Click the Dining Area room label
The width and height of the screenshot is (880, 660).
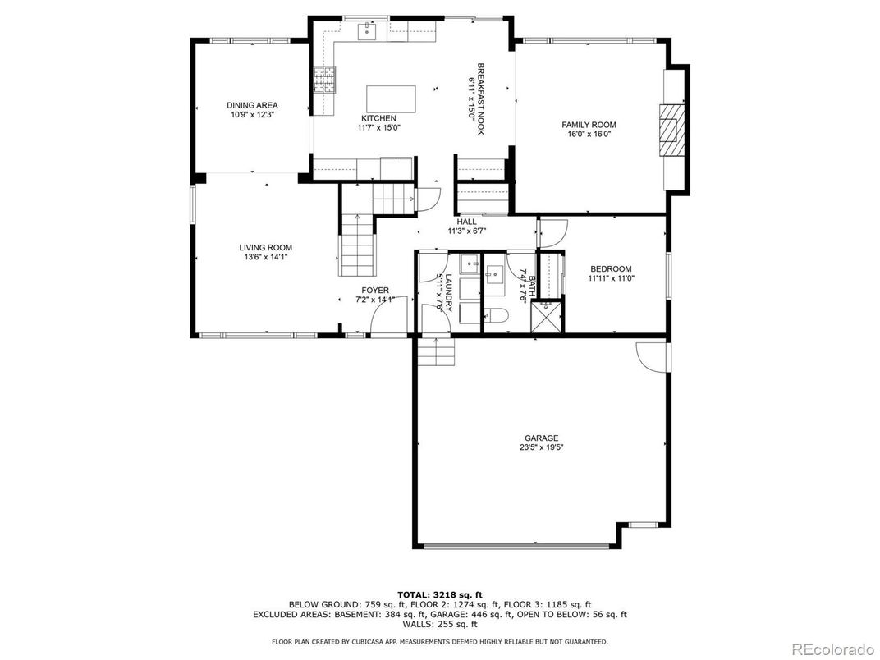click(x=252, y=105)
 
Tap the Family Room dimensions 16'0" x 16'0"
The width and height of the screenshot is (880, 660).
click(x=589, y=134)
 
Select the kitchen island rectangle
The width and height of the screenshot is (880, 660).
click(x=392, y=99)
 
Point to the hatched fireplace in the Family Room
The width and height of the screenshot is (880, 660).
click(x=671, y=130)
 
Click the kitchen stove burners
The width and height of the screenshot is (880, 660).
click(x=324, y=80)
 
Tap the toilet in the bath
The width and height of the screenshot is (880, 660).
click(x=495, y=316)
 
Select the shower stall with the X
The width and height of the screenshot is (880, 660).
click(x=546, y=317)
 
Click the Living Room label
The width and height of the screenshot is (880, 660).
click(x=265, y=248)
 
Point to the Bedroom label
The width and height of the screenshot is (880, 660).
click(x=611, y=268)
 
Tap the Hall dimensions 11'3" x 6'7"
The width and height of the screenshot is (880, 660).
click(x=466, y=231)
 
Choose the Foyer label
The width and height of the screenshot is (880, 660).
click(x=375, y=290)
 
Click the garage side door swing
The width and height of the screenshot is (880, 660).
click(x=651, y=356)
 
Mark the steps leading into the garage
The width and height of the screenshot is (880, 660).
click(x=435, y=352)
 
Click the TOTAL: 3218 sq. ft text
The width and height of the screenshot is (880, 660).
click(x=440, y=594)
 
